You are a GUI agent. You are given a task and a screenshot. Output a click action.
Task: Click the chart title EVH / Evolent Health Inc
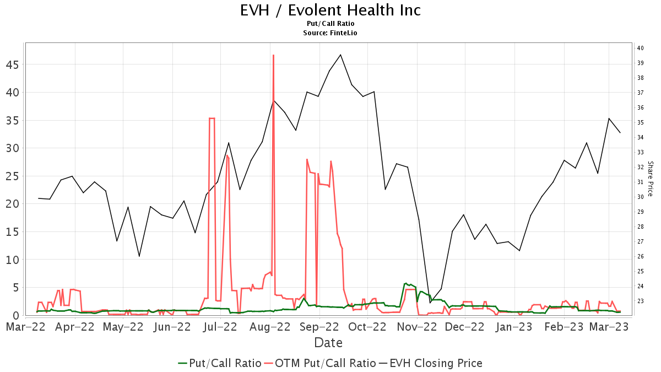(330, 10)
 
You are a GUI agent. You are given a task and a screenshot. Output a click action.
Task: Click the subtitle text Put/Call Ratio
(330, 24)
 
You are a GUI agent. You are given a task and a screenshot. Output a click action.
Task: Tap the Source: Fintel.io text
(330, 33)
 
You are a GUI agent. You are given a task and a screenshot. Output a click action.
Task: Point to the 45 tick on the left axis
(13, 65)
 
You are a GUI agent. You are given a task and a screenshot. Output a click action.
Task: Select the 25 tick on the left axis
(13, 177)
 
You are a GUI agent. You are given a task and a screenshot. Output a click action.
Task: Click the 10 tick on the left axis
(13, 260)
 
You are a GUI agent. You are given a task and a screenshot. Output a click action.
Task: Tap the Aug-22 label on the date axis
(270, 327)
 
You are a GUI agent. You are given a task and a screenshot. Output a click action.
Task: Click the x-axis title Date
(328, 343)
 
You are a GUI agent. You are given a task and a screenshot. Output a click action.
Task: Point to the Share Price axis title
(650, 179)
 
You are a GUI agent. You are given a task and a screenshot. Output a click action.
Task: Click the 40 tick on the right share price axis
(641, 48)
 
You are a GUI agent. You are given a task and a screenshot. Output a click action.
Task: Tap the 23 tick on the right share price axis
(641, 301)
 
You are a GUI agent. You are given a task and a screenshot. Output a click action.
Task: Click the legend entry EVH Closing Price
(436, 363)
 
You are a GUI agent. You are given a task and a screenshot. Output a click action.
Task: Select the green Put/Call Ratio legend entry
(219, 363)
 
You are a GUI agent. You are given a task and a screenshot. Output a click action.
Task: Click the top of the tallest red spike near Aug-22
(273, 55)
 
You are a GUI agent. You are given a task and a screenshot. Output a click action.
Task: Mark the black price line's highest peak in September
(340, 55)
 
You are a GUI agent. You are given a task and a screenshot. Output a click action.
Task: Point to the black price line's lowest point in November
(430, 303)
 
